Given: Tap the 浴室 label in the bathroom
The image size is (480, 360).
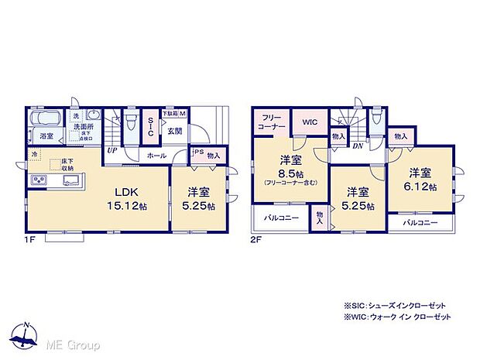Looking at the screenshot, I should (46, 135).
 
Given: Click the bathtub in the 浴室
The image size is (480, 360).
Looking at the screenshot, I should (48, 120).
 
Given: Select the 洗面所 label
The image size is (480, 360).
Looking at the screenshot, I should (83, 126).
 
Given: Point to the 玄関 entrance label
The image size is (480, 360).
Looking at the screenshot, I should (176, 131).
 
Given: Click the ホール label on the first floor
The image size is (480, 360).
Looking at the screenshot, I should (157, 155).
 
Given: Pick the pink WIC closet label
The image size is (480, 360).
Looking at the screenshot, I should (310, 122).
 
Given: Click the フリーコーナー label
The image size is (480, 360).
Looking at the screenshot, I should (271, 121).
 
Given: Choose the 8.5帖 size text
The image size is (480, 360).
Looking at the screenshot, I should (290, 174).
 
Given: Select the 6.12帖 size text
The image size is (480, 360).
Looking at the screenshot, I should (423, 187).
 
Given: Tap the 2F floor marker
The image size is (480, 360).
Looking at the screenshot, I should (256, 242).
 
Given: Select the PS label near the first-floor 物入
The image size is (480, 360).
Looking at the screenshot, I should (198, 153).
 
